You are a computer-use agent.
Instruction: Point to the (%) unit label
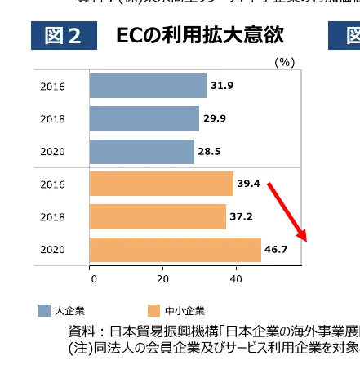284,62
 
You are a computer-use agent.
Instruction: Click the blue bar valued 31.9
147,86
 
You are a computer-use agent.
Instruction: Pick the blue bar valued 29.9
144,118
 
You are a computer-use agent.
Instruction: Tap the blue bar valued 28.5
141,151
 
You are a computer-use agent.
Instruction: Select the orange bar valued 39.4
161,184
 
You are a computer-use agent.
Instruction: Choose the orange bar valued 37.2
157,216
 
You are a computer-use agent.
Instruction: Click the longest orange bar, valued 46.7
175,249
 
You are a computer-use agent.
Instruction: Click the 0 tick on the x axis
92,278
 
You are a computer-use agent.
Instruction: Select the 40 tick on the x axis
235,278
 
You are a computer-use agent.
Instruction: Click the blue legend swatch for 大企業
44,310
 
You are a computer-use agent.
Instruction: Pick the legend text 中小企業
184,310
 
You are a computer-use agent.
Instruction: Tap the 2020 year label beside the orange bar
52,250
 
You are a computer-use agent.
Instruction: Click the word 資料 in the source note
81,332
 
